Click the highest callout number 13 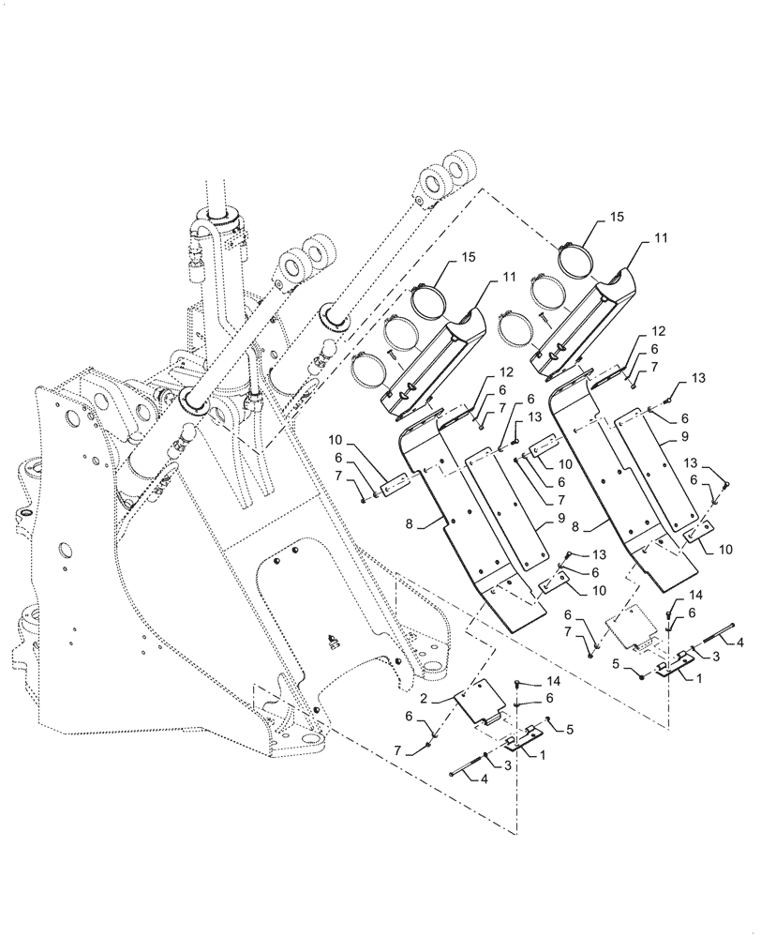(696, 377)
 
